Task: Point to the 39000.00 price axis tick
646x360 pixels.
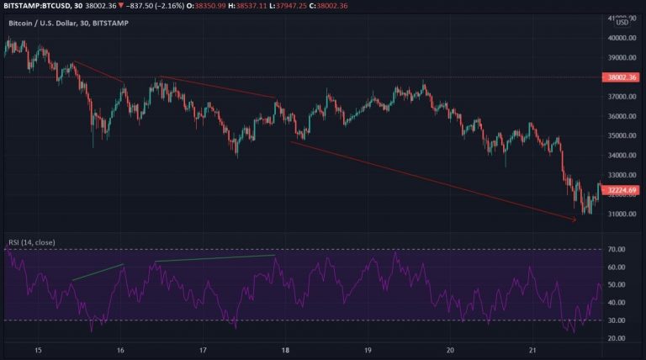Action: pos(619,58)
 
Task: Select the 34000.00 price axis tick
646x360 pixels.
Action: pos(619,155)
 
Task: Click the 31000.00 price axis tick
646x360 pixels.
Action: pos(619,214)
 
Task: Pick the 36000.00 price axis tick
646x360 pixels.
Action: pos(619,116)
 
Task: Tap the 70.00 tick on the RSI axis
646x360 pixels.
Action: pos(617,250)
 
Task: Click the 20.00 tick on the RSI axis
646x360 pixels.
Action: pos(617,338)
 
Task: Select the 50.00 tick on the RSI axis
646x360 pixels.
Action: pos(617,285)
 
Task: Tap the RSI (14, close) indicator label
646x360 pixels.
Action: pos(31,242)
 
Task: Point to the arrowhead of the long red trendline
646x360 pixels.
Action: pos(575,220)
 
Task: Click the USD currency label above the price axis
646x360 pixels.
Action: pos(622,23)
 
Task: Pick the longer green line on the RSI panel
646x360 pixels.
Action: pos(214,258)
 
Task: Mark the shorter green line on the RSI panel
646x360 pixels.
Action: pos(98,272)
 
